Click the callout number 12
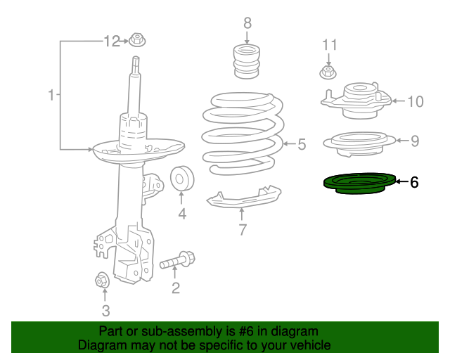pos(112,41)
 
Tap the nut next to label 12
pos(136,41)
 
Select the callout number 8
pos(247,24)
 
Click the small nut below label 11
pos(327,72)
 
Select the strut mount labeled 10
pos(359,102)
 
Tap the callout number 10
pos(415,102)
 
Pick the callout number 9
pos(415,141)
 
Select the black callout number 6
pos(414,183)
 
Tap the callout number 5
pos(302,145)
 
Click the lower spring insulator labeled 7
pos(243,198)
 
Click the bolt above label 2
pos(177,262)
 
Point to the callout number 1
pos(51,94)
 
